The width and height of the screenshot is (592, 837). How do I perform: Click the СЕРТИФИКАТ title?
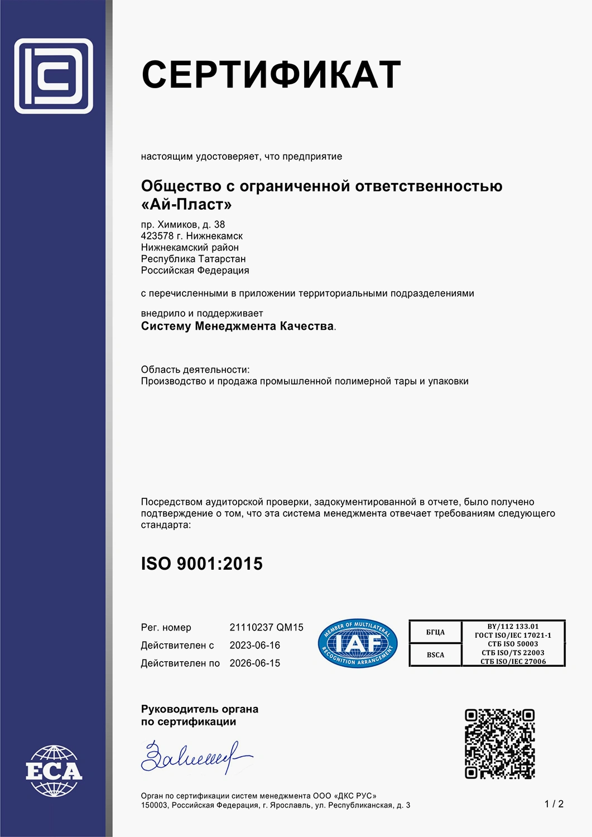[271, 75]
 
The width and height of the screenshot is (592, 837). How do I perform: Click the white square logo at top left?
[54, 76]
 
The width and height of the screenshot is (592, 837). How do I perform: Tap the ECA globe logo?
[54, 771]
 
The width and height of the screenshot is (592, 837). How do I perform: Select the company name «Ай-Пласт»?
[186, 205]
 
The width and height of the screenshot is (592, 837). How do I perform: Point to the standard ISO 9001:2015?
[201, 564]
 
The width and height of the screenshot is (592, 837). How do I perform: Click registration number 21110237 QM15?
[266, 627]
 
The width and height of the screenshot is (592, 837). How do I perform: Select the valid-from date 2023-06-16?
[254, 645]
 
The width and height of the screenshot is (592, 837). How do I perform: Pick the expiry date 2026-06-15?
[254, 663]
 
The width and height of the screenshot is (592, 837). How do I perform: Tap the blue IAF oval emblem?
[358, 644]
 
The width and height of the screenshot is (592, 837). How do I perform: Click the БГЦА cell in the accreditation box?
[435, 632]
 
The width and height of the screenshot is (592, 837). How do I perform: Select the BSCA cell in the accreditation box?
[435, 655]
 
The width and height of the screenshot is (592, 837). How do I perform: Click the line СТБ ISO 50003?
[513, 644]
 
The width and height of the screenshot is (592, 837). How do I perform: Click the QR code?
[499, 744]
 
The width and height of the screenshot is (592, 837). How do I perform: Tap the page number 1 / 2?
[554, 804]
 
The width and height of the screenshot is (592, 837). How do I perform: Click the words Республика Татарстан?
[193, 259]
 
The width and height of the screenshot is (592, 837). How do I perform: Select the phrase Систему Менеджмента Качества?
[237, 326]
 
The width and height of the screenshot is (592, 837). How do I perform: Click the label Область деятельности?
[195, 369]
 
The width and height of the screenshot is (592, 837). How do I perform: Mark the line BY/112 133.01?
[513, 626]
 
